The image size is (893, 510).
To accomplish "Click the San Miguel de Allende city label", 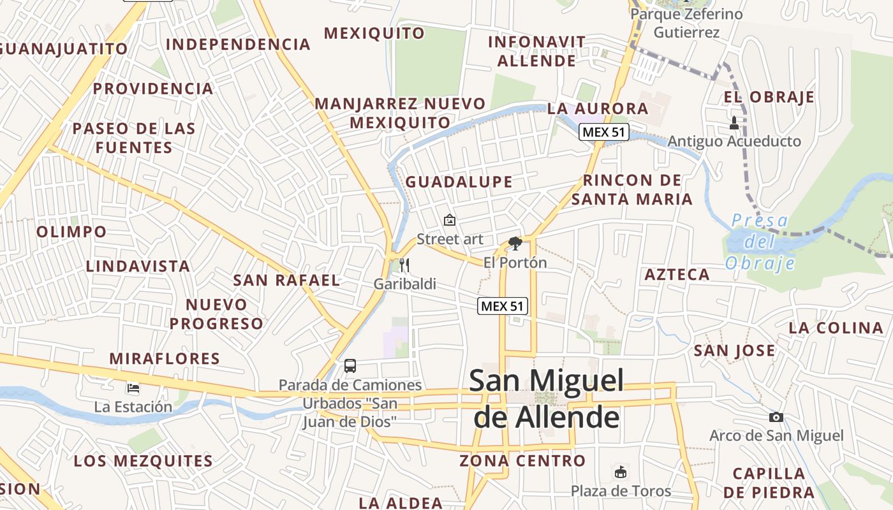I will coord(547,399).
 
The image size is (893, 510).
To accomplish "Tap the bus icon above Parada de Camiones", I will coord(350,366).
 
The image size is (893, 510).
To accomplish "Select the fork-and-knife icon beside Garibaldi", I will coord(404,265).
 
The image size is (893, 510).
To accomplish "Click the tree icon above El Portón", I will coord(515,243).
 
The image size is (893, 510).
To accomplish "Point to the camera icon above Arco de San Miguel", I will coord(776,417).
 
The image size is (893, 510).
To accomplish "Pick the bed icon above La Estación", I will coord(133,388).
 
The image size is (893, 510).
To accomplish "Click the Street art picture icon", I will coord(450,221).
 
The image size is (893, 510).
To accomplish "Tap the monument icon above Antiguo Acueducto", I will coord(734,122).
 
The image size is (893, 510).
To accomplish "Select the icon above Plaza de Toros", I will coord(620,472).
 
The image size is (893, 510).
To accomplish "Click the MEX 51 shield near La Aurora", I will coord(604,133).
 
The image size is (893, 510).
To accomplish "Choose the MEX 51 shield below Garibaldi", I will coord(503,306).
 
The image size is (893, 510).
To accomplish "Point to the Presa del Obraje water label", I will coord(760,242).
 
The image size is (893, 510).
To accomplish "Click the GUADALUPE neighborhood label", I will coord(459,182).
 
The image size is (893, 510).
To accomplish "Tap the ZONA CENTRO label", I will coord(522,460).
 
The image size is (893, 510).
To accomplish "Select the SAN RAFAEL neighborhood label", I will coord(286,280).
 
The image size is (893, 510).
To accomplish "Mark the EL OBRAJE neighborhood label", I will coord(769,97).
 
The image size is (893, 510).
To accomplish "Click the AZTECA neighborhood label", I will coord(677,275).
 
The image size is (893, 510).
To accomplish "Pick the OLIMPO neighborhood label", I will coord(71,231).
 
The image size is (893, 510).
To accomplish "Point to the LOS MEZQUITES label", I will coord(143,461).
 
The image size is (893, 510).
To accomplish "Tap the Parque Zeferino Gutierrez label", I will coord(687,23).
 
